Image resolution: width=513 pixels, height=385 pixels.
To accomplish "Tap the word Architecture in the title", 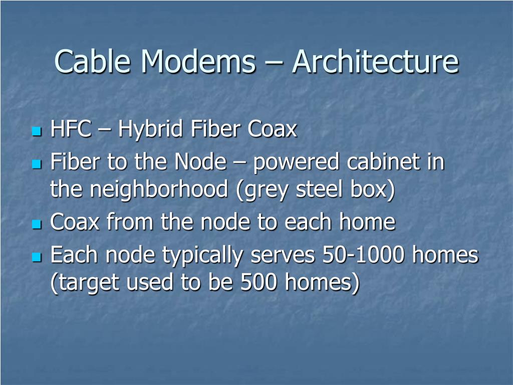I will [375, 62].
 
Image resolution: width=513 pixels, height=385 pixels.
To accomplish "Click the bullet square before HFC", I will [36, 131].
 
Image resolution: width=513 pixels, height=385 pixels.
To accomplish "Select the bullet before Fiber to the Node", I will [36, 164].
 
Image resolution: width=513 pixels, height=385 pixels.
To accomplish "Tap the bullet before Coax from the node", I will [36, 224].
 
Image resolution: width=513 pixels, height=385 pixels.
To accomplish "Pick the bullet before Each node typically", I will [36, 257].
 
